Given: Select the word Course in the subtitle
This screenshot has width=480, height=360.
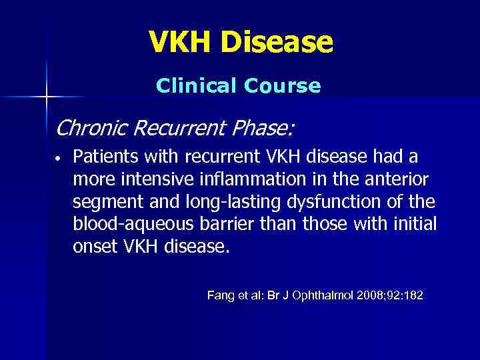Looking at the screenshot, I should [x=285, y=86].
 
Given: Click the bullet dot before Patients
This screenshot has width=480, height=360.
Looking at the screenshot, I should [x=59, y=159].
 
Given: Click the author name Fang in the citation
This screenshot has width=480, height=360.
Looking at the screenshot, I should [x=220, y=295].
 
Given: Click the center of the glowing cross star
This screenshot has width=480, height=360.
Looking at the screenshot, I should [x=47, y=97].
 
